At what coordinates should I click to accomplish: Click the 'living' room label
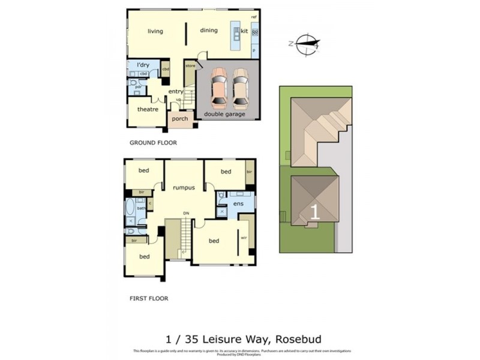(155, 31)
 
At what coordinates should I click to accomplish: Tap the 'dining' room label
(209, 31)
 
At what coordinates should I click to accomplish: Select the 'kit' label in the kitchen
(244, 31)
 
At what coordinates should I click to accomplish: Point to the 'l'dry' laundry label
(143, 64)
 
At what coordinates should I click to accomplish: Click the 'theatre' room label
(148, 109)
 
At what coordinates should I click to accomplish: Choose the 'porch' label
(180, 119)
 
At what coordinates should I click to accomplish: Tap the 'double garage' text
(224, 114)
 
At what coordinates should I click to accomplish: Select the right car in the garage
(240, 86)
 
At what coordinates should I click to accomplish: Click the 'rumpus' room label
(184, 187)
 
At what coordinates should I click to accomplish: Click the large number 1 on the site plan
(314, 211)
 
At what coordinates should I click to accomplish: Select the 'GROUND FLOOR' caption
(153, 143)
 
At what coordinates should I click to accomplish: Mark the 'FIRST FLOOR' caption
(149, 298)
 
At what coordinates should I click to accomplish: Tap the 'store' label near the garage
(190, 65)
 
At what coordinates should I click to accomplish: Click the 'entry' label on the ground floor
(175, 92)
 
